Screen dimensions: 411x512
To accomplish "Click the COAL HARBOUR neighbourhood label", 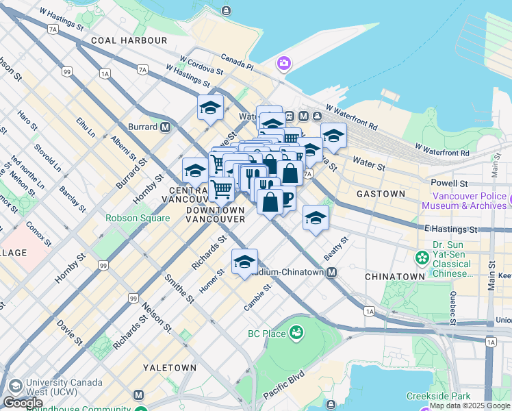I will click(129, 40).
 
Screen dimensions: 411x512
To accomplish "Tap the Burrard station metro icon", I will click(165, 127).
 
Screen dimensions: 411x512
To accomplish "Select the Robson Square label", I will click(137, 218).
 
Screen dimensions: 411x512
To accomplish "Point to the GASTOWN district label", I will click(381, 194).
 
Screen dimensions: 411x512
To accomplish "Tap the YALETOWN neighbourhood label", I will click(170, 368).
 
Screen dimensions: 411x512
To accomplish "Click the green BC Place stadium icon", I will click(296, 334).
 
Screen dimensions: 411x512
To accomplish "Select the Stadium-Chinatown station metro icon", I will click(331, 273).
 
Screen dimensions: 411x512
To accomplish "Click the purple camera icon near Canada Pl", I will click(283, 64).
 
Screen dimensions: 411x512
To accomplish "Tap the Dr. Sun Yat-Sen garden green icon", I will click(422, 258).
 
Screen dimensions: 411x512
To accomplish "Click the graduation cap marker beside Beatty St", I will click(316, 219).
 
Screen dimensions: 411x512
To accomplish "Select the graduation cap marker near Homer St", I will click(244, 262).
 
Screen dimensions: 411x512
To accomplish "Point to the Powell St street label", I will click(449, 184).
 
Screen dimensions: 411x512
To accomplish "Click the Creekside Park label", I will click(438, 396).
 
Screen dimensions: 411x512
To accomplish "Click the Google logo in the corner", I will click(23, 403).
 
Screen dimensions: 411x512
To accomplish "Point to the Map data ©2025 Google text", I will click(470, 406).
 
